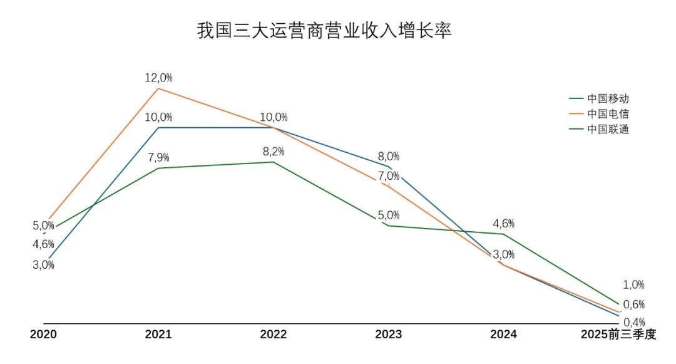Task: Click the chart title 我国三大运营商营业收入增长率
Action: (x=324, y=31)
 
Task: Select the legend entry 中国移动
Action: (x=608, y=98)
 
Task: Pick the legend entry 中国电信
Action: (x=608, y=114)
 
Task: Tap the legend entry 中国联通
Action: (x=608, y=130)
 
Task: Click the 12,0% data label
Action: (x=158, y=78)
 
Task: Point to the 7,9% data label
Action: (x=158, y=157)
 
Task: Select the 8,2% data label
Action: (x=274, y=151)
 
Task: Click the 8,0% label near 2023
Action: (x=389, y=157)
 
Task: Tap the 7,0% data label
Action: (x=389, y=176)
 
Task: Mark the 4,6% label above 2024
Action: (x=504, y=224)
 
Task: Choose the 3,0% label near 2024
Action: (x=504, y=254)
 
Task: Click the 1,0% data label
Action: (x=633, y=284)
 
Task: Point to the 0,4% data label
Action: (x=634, y=322)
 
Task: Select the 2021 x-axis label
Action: (x=158, y=335)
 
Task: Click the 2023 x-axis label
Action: (x=389, y=335)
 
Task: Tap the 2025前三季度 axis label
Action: (x=618, y=335)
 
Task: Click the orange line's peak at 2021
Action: (x=158, y=88)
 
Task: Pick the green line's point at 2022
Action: (x=274, y=162)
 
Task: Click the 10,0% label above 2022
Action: (x=274, y=117)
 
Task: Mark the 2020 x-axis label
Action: (x=43, y=335)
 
